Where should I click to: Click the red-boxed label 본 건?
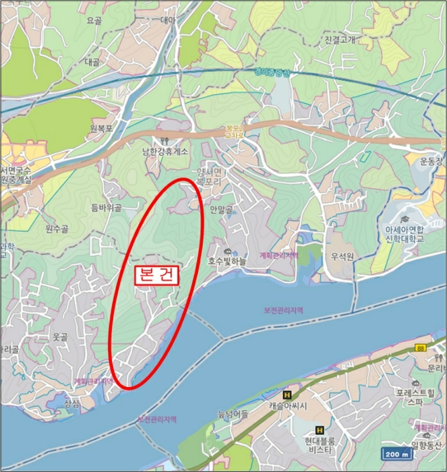155,276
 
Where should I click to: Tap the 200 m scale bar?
396,453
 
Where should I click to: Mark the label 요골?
93,21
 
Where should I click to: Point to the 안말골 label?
220,210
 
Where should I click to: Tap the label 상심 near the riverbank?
71,405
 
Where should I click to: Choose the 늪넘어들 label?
233,413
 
